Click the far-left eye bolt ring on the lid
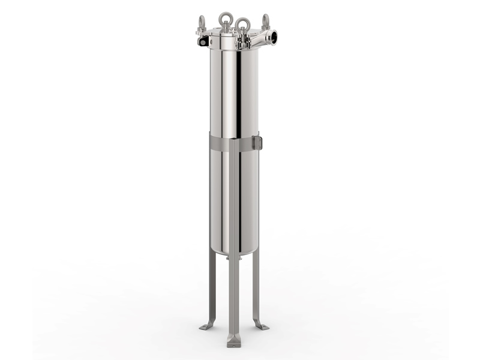200,22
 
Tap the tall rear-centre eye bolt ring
226,18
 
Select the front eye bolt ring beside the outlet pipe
243,25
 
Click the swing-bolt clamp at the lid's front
243,42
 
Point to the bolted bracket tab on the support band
257,143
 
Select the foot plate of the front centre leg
233,341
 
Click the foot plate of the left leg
207,326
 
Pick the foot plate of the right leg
261,325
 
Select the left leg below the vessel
211,288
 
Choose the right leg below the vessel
257,288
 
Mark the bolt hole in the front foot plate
233,344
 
